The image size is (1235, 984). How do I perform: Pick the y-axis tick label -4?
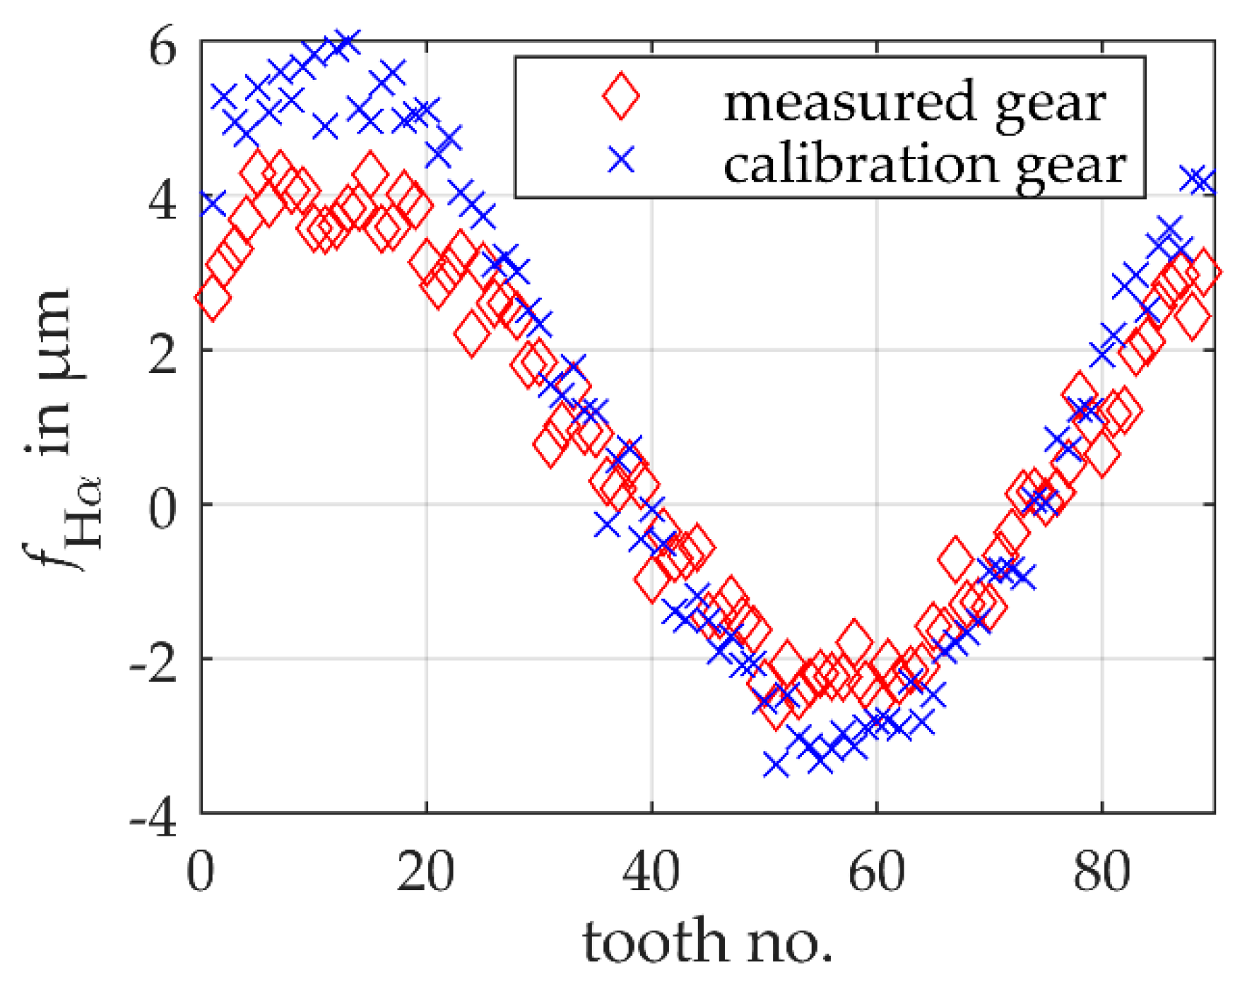pos(153,819)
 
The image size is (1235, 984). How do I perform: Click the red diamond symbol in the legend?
pos(621,97)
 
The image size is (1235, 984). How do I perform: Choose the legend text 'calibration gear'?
pos(924,165)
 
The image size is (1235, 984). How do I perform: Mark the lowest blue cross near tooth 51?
pos(776,764)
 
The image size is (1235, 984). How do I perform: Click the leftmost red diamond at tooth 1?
pos(213,298)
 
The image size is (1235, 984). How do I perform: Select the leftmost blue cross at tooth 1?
pos(212,204)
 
